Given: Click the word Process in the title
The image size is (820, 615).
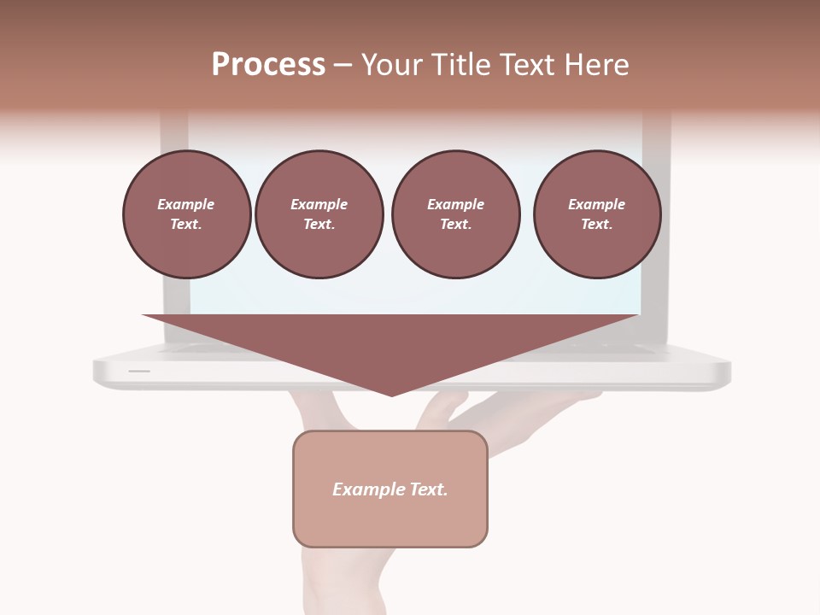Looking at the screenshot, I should (268, 65).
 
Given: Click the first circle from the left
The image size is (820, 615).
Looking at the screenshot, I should (186, 214).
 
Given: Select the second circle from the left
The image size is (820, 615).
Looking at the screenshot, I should (319, 214).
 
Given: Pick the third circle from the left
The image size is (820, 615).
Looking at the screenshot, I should (455, 214).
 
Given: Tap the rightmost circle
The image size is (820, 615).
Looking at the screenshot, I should (597, 214).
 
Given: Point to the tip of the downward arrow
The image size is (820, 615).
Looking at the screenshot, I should (392, 394).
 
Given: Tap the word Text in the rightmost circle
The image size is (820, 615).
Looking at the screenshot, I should (596, 225).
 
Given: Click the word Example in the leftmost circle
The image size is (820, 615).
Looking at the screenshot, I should (186, 204).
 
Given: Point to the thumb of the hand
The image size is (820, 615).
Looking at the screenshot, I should (325, 410).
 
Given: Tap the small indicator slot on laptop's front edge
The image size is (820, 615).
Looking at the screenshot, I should (139, 371).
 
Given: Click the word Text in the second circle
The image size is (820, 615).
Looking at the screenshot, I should (319, 225).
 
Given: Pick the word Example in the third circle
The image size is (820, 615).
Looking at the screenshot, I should (455, 204).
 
